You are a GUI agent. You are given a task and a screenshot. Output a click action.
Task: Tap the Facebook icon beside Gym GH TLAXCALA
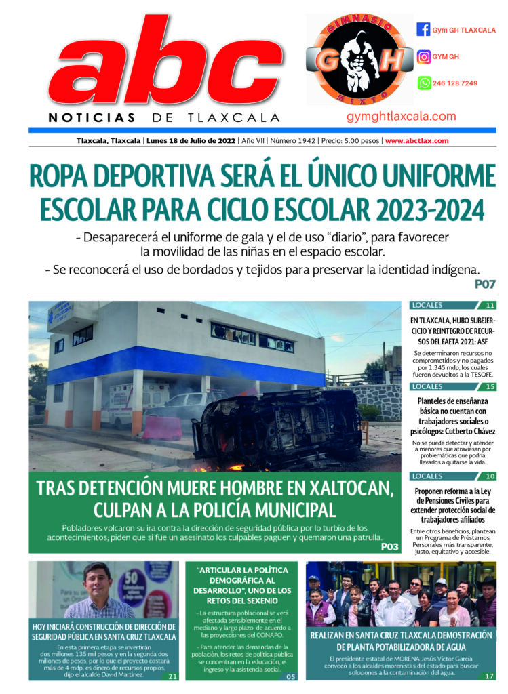click(x=423, y=30)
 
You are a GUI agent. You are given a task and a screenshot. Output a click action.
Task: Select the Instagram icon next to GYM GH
click(x=423, y=57)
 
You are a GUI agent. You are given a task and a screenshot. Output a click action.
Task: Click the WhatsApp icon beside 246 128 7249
click(x=423, y=83)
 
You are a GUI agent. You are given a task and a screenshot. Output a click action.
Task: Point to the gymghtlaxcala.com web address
click(x=401, y=117)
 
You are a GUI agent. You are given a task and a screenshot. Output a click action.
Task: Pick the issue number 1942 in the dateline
click(x=307, y=141)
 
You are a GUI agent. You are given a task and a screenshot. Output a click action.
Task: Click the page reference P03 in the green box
click(x=390, y=546)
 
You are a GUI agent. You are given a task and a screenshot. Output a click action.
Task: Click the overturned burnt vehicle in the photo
click(x=278, y=427)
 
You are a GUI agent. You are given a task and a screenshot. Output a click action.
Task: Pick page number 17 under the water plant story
click(x=488, y=676)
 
